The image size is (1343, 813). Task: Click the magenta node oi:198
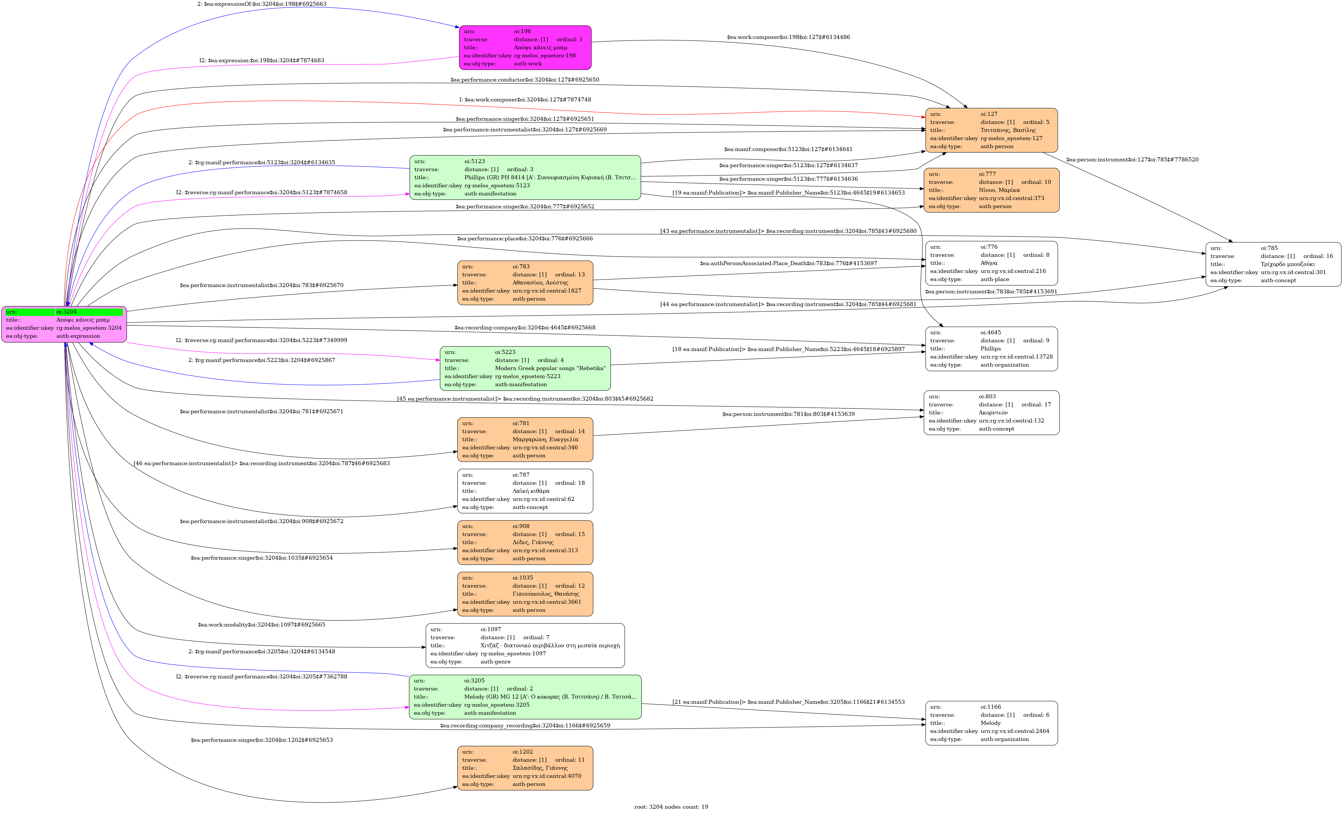525,48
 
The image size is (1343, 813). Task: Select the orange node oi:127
991,130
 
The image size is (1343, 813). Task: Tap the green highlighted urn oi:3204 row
64,312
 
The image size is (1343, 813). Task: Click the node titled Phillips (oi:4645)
991,349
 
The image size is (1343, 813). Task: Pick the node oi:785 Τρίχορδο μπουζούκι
1273,265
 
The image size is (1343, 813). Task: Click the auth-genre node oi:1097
525,646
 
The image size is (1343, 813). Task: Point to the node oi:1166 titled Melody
991,723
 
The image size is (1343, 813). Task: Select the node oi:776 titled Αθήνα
991,263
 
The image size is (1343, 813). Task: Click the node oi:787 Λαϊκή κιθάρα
525,491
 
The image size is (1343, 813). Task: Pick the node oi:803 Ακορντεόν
991,413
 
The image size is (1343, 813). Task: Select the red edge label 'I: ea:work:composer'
525,100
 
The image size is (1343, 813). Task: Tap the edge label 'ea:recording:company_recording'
525,726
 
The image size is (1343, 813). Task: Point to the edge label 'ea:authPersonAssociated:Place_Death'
788,263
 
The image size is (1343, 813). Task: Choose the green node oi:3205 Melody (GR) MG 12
525,697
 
